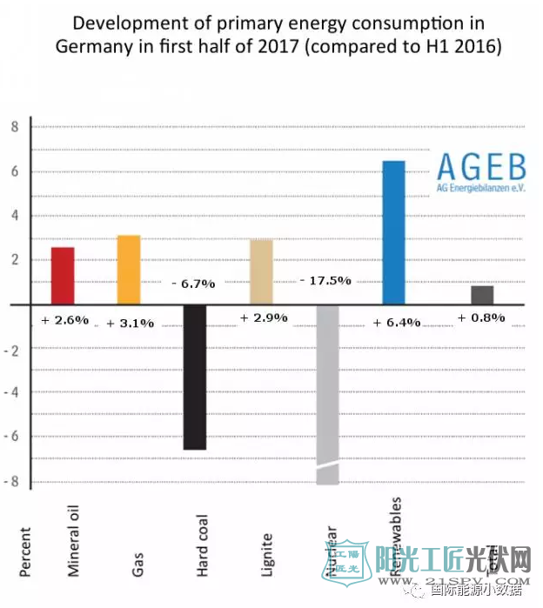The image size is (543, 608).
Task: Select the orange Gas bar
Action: [129, 270]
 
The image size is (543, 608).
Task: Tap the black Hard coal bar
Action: [195, 377]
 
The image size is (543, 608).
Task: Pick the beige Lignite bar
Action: [261, 271]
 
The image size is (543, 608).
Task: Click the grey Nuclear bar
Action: [327, 391]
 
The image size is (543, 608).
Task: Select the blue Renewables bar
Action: [393, 232]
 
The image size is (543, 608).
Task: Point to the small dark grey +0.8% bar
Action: [482, 295]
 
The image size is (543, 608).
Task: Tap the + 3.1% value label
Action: [131, 323]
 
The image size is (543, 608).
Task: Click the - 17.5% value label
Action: [325, 280]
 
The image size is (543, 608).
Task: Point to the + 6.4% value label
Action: [396, 322]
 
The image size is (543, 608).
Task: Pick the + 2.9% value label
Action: [264, 317]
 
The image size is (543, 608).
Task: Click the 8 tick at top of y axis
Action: [14, 126]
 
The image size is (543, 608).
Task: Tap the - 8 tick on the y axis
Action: [11, 482]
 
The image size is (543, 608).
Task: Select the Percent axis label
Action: [24, 551]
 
